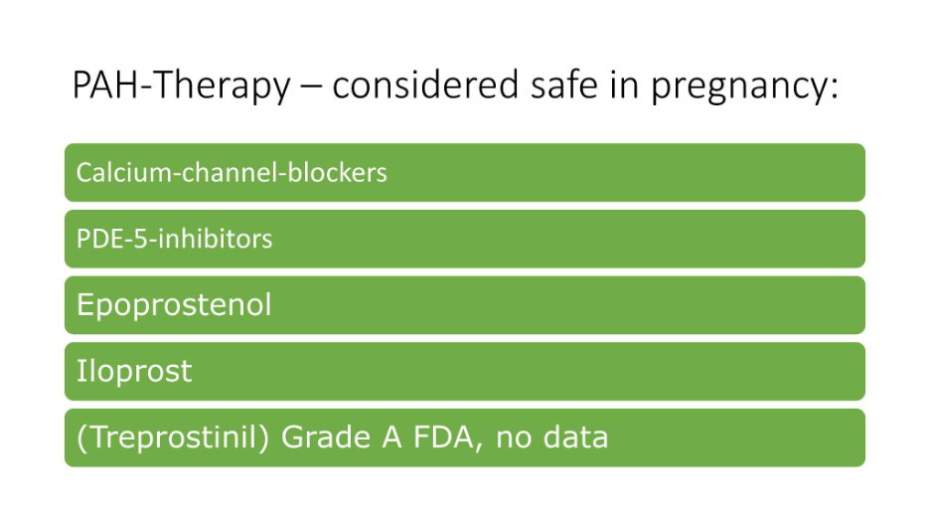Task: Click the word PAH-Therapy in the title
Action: pyautogui.click(x=182, y=85)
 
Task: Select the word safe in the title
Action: pyautogui.click(x=564, y=85)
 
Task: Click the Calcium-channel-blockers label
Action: pyautogui.click(x=232, y=173)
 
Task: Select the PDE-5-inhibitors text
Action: pyautogui.click(x=175, y=239)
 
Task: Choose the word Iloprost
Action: pyautogui.click(x=134, y=372)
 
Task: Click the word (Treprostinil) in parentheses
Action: pyautogui.click(x=173, y=437)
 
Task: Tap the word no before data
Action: pyautogui.click(x=513, y=441)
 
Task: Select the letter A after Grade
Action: pyautogui.click(x=392, y=437)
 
